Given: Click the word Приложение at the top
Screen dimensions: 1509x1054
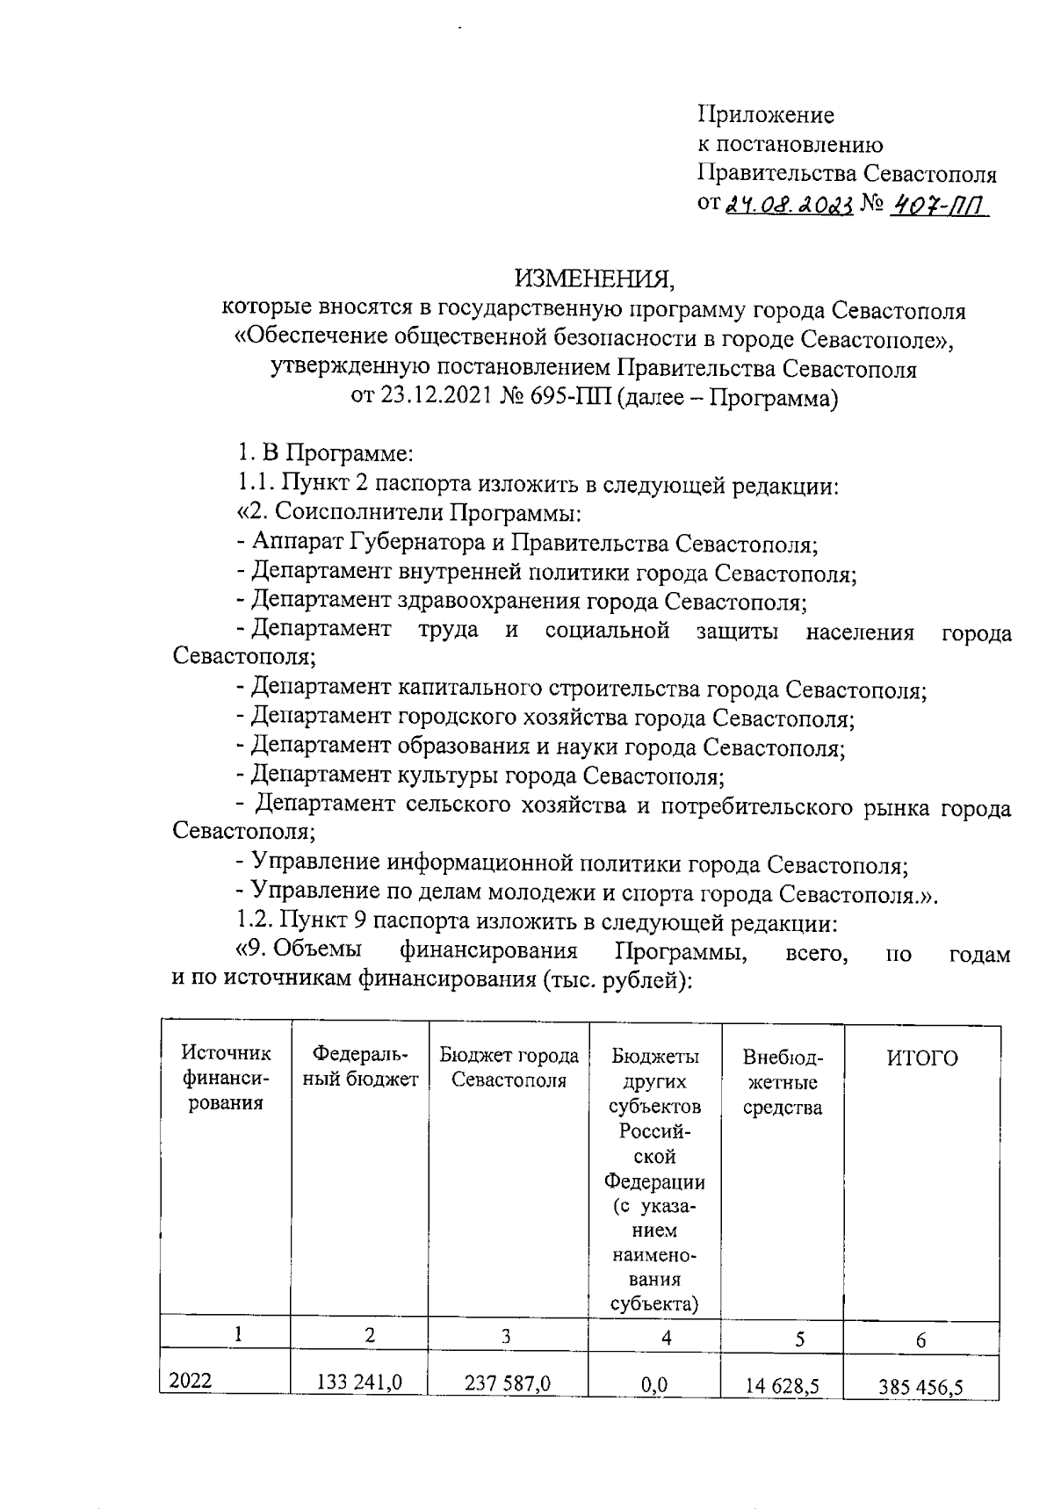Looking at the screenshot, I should coord(766,115).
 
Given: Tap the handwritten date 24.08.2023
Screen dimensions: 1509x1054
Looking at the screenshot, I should coord(788,205).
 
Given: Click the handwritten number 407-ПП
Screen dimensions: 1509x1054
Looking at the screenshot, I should coord(938,205).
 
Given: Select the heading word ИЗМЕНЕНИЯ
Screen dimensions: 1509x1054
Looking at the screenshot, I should coord(595,279).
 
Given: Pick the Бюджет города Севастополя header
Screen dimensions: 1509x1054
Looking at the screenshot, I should coord(509,1067).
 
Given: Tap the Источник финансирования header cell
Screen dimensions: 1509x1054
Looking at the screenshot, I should coord(225,1078).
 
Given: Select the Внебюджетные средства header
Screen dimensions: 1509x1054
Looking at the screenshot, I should coord(782,1082).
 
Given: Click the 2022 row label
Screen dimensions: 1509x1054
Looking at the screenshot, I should coord(191,1382).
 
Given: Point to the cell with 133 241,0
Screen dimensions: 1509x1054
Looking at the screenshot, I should coord(359,1383).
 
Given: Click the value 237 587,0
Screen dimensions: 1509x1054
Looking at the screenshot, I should coord(508,1383).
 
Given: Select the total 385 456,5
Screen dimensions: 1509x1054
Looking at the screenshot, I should coord(920,1387).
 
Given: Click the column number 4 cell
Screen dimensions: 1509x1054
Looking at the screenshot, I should coord(667,1338).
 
